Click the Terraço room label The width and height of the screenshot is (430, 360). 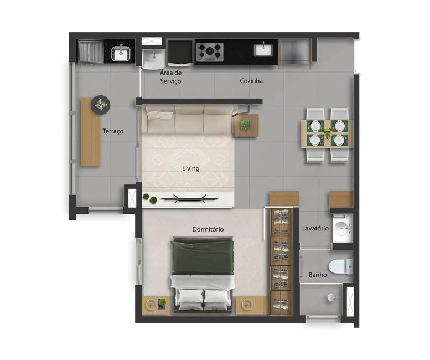[x=112, y=131]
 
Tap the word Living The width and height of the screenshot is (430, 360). [x=190, y=168]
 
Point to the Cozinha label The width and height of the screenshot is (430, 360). [x=251, y=81]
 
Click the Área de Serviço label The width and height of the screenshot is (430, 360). [x=170, y=77]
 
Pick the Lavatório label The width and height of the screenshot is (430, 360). [x=315, y=228]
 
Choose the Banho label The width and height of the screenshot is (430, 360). [x=317, y=275]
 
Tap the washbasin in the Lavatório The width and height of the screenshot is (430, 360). [x=343, y=228]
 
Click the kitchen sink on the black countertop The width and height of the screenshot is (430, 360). [x=262, y=50]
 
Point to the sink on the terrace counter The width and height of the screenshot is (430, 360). [x=121, y=53]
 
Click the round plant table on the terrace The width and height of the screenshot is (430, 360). [x=101, y=104]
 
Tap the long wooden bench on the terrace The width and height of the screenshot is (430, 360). [x=90, y=133]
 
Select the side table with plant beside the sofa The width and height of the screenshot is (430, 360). [x=246, y=125]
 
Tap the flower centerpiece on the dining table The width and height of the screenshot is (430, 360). [x=328, y=133]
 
